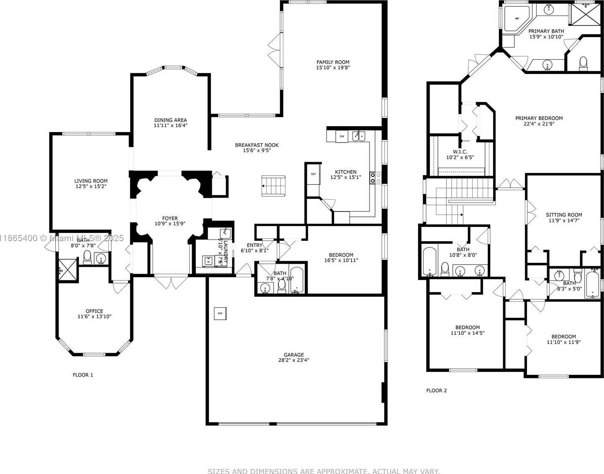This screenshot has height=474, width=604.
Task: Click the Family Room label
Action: pyautogui.click(x=333, y=62)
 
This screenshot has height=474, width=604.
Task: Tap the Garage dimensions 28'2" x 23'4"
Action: pyautogui.click(x=293, y=360)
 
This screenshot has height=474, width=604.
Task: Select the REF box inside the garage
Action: pyautogui.click(x=220, y=313)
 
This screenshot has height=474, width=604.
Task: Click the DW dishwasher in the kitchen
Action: pyautogui.click(x=342, y=136)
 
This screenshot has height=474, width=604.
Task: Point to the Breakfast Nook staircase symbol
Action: pyautogui.click(x=273, y=186)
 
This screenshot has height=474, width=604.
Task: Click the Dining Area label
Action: pyautogui.click(x=170, y=120)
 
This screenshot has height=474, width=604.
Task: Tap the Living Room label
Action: pyautogui.click(x=91, y=181)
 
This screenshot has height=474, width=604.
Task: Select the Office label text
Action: pyautogui.click(x=94, y=311)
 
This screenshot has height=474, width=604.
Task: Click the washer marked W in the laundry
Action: pyautogui.click(x=208, y=261)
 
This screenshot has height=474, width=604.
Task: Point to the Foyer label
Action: pyautogui.click(x=170, y=218)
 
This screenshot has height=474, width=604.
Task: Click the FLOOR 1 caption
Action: pyautogui.click(x=83, y=375)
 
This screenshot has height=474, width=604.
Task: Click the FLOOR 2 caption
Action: pyautogui.click(x=437, y=390)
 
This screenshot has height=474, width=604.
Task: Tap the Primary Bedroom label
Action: pyautogui.click(x=539, y=118)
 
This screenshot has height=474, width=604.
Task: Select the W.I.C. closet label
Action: pyautogui.click(x=460, y=152)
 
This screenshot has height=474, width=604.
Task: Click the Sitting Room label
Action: pyautogui.click(x=564, y=215)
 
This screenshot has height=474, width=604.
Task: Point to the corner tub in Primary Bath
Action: pyautogui.click(x=516, y=18)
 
